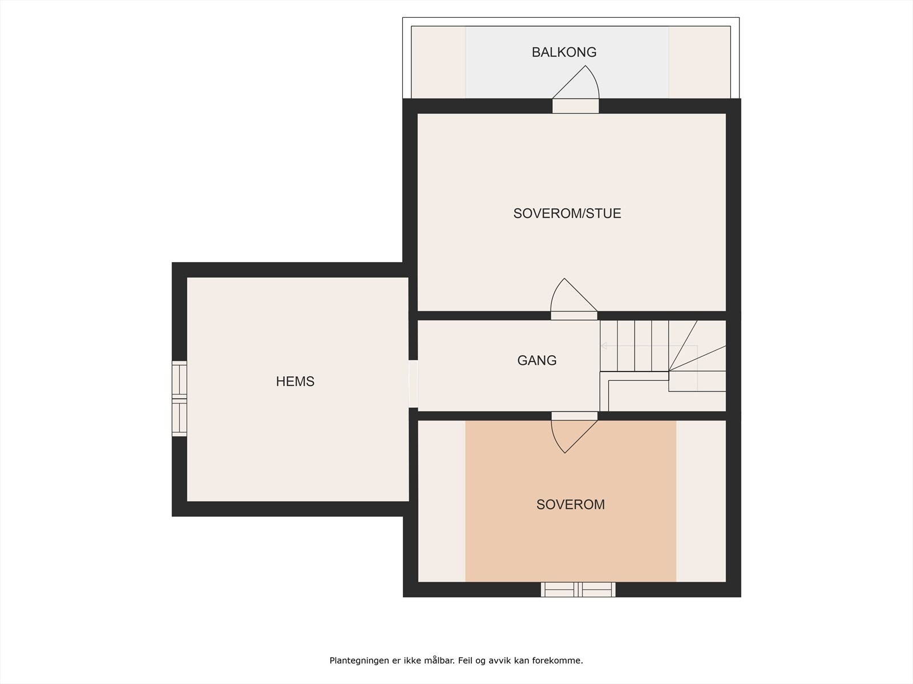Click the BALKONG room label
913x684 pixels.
(x=564, y=52)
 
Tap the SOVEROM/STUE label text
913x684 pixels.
(x=567, y=213)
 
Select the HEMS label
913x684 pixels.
(x=295, y=381)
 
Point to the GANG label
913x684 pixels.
(x=536, y=360)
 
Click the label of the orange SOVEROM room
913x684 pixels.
(x=570, y=504)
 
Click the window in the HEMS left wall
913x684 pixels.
(x=179, y=398)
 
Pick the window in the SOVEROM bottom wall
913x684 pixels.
(x=578, y=589)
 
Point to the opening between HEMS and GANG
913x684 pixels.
(x=413, y=384)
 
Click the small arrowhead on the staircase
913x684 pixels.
(x=604, y=345)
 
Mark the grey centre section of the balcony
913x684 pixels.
(x=567, y=62)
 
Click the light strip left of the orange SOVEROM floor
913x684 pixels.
(x=442, y=501)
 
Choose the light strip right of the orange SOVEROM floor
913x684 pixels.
(x=701, y=501)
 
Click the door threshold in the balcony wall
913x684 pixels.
(x=576, y=106)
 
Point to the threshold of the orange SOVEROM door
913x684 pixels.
(x=575, y=416)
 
